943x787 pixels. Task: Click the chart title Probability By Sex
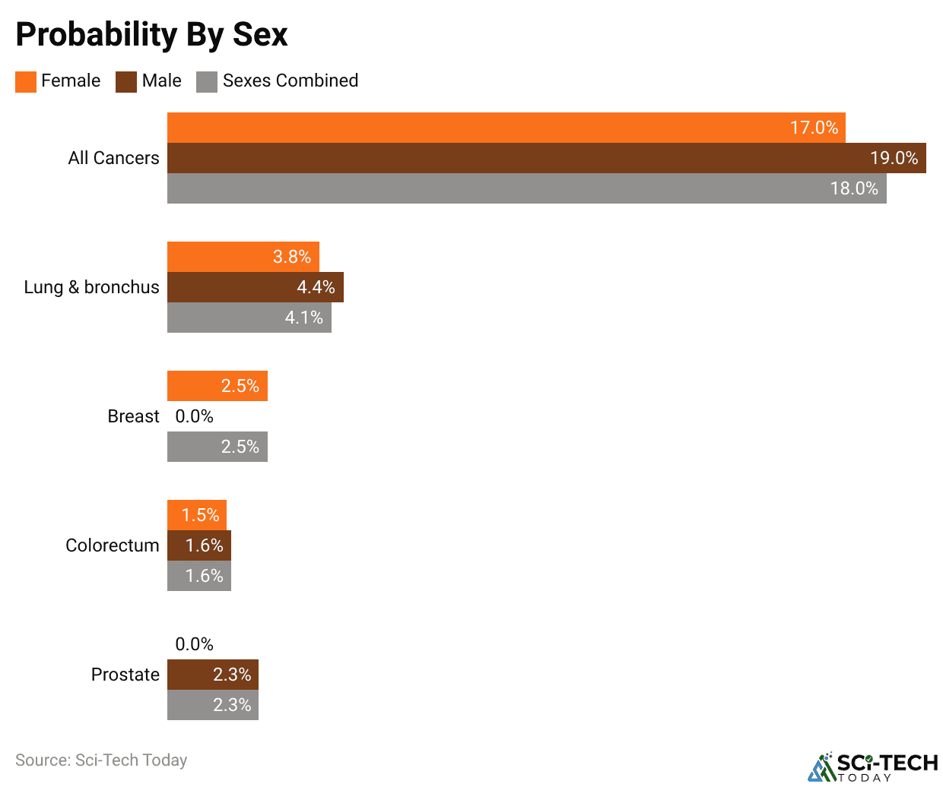click(x=151, y=35)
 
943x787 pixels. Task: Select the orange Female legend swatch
click(x=26, y=82)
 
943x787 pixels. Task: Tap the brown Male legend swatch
click(x=125, y=82)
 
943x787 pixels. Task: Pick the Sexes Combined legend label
click(x=290, y=81)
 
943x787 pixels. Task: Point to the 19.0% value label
click(x=894, y=158)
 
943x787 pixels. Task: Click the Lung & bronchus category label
click(x=91, y=287)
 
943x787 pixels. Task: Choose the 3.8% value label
click(x=292, y=257)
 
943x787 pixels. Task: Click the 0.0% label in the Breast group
click(x=194, y=416)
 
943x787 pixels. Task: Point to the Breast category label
click(x=133, y=416)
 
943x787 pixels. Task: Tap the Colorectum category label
click(x=112, y=545)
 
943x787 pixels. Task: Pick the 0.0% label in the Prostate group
click(x=194, y=644)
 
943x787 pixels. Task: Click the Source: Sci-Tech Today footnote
click(x=101, y=760)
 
